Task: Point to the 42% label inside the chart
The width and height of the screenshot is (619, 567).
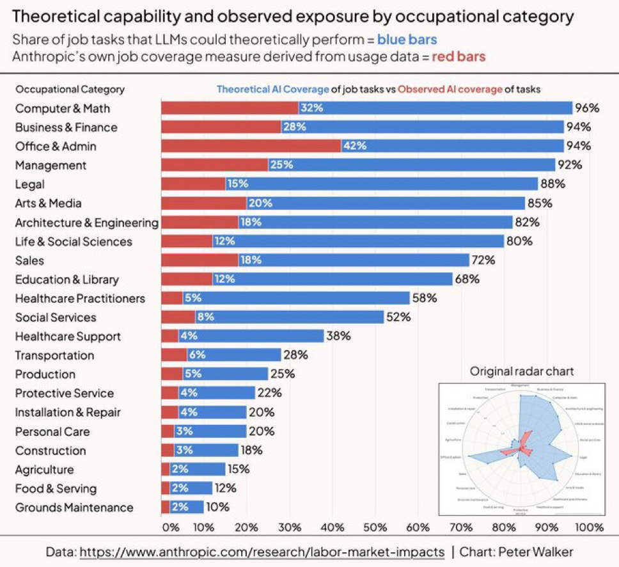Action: (354, 146)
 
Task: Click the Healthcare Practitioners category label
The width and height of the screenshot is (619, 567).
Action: (80, 298)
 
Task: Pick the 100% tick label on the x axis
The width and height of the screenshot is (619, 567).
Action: (589, 528)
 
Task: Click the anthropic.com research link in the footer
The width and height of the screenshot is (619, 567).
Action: (262, 552)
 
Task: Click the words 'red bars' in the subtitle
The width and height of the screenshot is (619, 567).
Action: (458, 56)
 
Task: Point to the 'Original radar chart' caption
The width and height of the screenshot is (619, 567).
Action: (522, 371)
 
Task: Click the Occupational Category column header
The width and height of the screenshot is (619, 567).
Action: (70, 90)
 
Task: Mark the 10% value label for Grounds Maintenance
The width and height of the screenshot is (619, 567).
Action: (218, 507)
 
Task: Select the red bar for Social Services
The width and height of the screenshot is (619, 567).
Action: (178, 317)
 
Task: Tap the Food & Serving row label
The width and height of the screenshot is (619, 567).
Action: (56, 488)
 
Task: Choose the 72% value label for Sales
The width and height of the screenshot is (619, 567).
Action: (483, 260)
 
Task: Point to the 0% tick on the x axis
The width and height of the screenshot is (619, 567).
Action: (171, 528)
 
